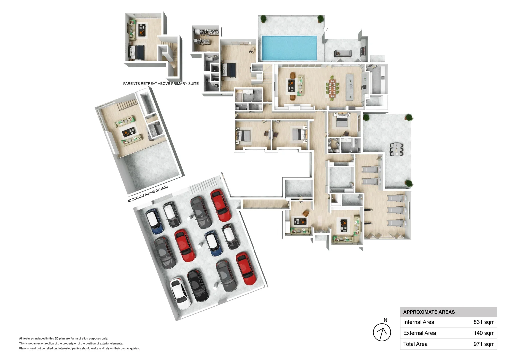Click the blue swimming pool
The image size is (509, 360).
(289, 48)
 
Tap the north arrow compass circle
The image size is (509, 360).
(382, 332)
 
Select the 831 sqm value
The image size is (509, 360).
(484, 322)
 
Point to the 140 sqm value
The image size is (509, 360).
(484, 333)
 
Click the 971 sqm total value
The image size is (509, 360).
(484, 344)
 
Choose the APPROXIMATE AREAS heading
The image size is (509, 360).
(429, 312)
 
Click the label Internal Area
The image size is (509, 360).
(419, 322)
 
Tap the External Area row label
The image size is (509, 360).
(419, 333)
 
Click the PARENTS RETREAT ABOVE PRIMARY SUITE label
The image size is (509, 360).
(161, 84)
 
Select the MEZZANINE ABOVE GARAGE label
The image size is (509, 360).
(148, 194)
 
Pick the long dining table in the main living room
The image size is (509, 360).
(332, 88)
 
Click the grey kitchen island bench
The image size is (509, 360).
(350, 87)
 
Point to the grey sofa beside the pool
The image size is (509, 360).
(343, 54)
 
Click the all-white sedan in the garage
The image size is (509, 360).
(181, 293)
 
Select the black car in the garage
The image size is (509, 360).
(198, 286)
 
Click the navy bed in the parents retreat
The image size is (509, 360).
(136, 52)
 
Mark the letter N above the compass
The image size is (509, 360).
(385, 320)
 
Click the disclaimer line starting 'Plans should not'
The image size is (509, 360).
(79, 348)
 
